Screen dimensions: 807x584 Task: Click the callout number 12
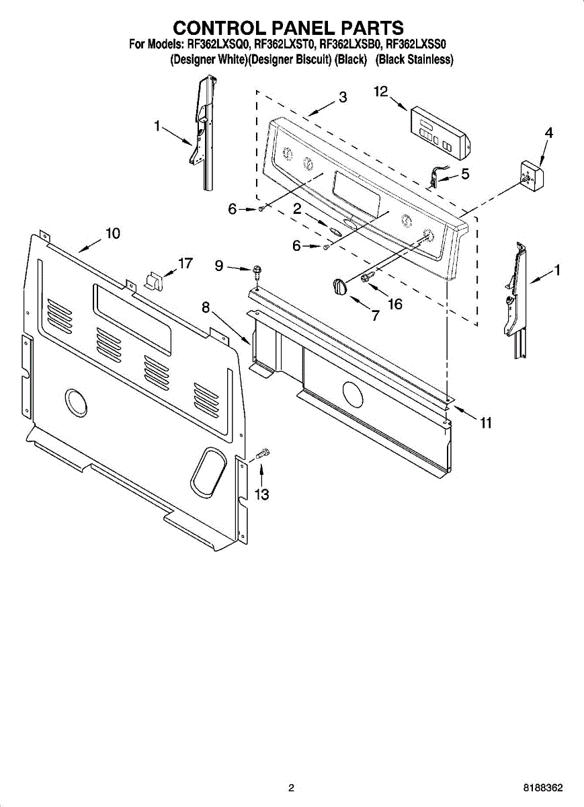pyautogui.click(x=381, y=91)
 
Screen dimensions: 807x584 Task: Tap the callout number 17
pyautogui.click(x=185, y=263)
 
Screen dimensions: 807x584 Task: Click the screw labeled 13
pyautogui.click(x=263, y=454)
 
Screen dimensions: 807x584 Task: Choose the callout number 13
pyautogui.click(x=261, y=495)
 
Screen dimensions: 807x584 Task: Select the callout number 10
pyautogui.click(x=112, y=233)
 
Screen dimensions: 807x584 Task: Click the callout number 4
pyautogui.click(x=549, y=132)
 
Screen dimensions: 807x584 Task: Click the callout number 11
pyautogui.click(x=485, y=423)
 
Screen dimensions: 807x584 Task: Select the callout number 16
pyautogui.click(x=394, y=304)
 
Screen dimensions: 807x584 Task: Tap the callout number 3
pyautogui.click(x=343, y=97)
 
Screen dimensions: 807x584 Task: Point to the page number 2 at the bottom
pyautogui.click(x=291, y=787)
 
